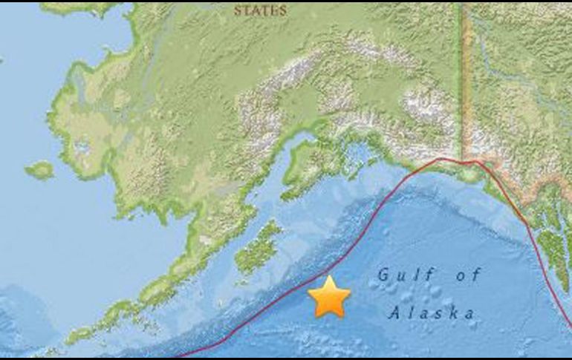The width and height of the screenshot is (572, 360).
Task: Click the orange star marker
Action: tap(329, 297)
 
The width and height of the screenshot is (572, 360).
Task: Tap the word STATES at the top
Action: tap(260, 10)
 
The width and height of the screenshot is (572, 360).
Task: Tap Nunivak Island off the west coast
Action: tap(42, 170)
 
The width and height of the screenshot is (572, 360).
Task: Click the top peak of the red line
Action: tap(446, 159)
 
